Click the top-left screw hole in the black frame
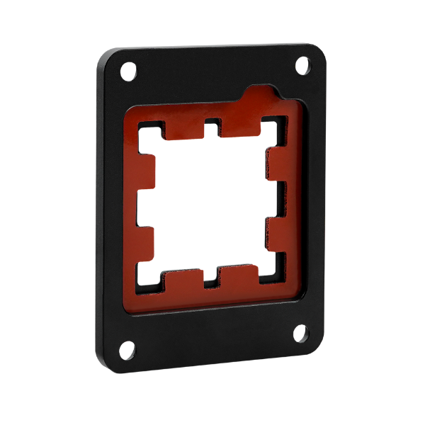128,72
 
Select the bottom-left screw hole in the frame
127,349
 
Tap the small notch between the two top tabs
212,127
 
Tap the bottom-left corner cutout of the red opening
149,282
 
